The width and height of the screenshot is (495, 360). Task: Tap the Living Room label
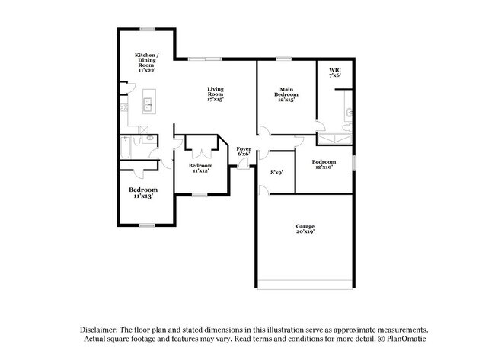point(216,94)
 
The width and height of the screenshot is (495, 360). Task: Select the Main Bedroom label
point(285,94)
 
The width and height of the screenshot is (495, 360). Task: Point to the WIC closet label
point(334,72)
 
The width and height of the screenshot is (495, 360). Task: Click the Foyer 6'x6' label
point(244,151)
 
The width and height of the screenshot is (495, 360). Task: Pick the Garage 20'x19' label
point(305,228)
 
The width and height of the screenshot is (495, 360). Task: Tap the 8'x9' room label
point(276,172)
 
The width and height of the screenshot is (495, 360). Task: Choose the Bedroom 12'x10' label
point(324,164)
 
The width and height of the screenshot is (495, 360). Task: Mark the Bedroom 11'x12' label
point(200,167)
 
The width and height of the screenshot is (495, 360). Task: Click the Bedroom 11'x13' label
point(142,192)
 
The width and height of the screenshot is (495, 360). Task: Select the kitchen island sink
point(148,101)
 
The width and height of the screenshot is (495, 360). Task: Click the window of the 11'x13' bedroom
point(145,225)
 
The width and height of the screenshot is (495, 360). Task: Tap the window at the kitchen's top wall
point(147,29)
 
